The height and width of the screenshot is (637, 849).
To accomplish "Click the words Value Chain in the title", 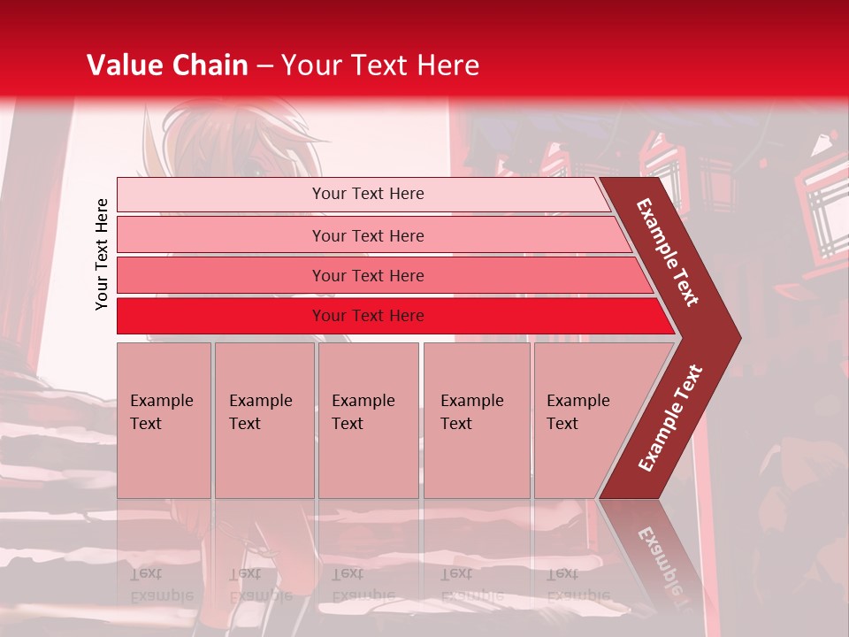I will [167, 65].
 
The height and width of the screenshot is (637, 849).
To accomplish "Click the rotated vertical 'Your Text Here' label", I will [102, 254].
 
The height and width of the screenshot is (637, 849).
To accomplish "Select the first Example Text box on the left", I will [164, 420].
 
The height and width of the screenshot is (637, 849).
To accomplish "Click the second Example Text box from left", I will [264, 420].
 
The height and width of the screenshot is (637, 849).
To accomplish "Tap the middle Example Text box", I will [368, 420].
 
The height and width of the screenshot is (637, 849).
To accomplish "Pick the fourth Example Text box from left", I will [477, 420].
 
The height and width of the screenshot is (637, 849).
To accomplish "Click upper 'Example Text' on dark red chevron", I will [668, 252].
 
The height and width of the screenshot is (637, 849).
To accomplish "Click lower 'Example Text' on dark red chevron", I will [670, 418].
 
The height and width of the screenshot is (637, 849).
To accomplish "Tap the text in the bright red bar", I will [368, 316].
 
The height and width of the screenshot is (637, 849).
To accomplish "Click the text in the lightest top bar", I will [368, 194].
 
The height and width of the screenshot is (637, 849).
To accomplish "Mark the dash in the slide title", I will [264, 66].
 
